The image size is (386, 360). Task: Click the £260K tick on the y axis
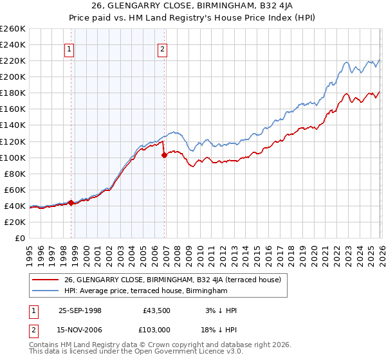13,29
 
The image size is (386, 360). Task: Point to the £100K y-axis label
13,157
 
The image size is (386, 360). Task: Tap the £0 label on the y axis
19,238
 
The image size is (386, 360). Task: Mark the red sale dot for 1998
71,203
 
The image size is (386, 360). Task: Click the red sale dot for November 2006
165,155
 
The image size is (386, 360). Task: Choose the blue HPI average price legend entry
146,291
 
